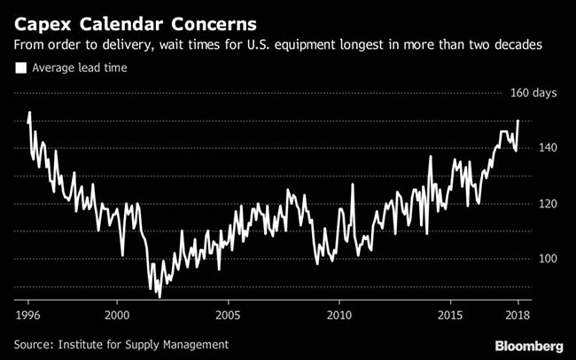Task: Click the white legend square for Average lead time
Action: pyautogui.click(x=20, y=66)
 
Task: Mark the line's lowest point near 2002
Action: pyautogui.click(x=160, y=297)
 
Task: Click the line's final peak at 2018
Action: pyautogui.click(x=518, y=121)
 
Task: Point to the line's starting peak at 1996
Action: pyautogui.click(x=29, y=113)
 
